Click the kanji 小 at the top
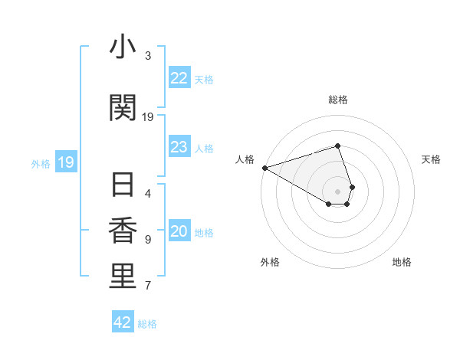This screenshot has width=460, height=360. [x=123, y=47]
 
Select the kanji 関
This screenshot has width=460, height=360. [x=123, y=108]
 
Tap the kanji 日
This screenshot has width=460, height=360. [x=123, y=185]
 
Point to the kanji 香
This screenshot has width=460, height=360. [x=123, y=231]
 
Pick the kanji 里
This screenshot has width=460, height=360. [x=123, y=277]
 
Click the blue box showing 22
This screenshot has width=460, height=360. [x=179, y=78]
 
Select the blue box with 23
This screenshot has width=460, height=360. [x=179, y=147]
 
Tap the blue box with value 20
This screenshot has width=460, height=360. [x=179, y=232]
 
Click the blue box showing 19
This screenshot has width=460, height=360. [x=65, y=162]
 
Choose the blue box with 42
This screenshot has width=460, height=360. [x=123, y=322]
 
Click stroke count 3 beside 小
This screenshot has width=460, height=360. [x=148, y=56]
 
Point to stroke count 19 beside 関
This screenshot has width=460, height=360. [x=148, y=117]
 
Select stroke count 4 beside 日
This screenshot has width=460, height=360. [x=148, y=194]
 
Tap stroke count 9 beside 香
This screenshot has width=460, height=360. [x=148, y=240]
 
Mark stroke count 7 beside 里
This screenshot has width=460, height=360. [x=148, y=286]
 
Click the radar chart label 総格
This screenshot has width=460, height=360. [x=337, y=100]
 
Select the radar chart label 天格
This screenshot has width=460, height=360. [x=431, y=159]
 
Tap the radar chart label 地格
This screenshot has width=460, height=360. [x=402, y=262]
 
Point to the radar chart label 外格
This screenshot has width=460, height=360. [x=270, y=262]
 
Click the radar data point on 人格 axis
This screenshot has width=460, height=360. [x=264, y=167]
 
